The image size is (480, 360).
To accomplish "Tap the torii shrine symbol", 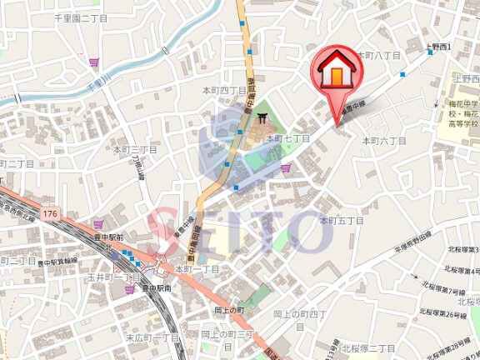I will pos(263,117).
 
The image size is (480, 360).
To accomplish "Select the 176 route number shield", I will pos(52,214).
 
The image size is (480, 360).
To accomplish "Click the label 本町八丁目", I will pos(379,55).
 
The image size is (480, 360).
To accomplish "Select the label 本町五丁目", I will pos(342,221).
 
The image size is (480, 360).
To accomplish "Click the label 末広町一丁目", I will pos(152,337).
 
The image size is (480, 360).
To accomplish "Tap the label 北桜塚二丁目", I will pos(367,347).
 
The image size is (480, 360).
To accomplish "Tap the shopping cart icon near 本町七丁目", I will pos(287,168).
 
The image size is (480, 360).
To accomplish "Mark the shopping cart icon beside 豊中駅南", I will pos(129,288).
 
